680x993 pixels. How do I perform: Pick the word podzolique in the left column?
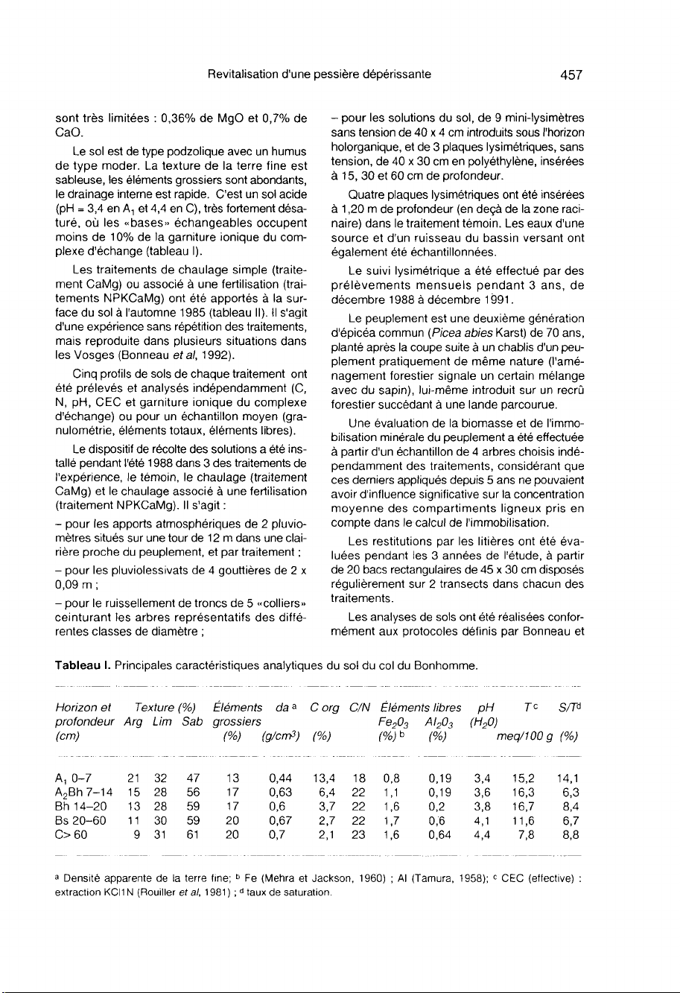point(165,153)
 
